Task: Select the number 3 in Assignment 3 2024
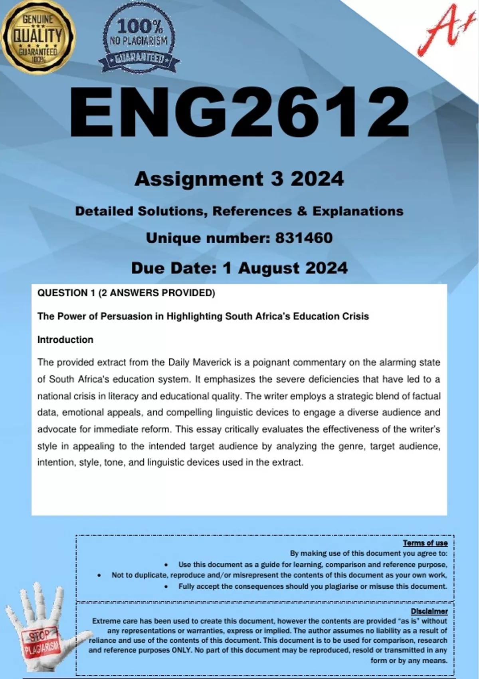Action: [x=276, y=179]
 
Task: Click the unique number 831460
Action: [x=304, y=238]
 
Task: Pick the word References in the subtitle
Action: [x=252, y=211]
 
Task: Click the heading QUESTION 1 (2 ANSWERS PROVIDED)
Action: [x=126, y=293]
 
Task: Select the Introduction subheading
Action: [x=65, y=340]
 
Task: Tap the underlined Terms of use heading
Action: [x=425, y=543]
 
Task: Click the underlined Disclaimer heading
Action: [x=429, y=611]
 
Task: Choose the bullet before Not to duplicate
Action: [x=99, y=576]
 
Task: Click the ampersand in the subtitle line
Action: [x=302, y=211]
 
